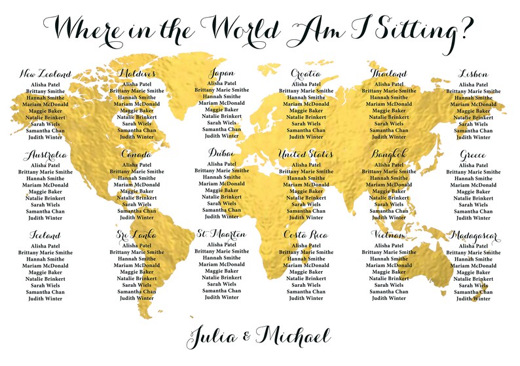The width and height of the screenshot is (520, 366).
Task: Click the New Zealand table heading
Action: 45,74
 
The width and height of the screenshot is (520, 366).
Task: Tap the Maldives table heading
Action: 137,74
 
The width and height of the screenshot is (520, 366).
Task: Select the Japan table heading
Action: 221,73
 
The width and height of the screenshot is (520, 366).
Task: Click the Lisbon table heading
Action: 473,74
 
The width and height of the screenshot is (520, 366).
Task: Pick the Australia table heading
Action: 45,155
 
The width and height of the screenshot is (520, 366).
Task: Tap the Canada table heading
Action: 137,155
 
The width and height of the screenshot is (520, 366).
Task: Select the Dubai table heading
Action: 221,153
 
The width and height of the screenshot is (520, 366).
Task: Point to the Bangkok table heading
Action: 390,155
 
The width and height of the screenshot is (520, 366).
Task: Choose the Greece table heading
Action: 473,155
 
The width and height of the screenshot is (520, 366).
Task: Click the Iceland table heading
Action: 45,236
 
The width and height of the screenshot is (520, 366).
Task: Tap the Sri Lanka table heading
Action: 137,235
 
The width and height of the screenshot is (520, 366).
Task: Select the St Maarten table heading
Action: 221,234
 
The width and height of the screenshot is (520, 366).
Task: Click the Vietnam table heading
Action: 389,235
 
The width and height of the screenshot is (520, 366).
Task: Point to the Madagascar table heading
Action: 473,236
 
